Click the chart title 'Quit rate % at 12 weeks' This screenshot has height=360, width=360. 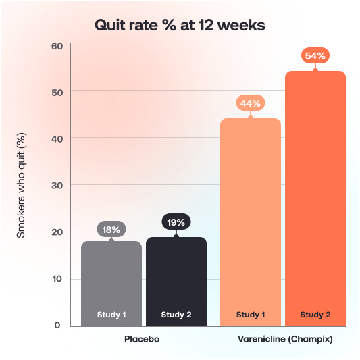coord(180,25)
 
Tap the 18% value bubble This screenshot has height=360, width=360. coord(111,230)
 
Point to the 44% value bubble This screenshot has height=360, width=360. coord(251,103)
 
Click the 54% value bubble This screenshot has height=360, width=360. coord(315,56)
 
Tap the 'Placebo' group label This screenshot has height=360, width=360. coord(143,339)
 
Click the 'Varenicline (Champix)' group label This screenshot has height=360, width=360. coord(284,339)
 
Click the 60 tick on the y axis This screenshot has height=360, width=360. coord(57,46)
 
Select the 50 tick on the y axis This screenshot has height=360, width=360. coord(57,91)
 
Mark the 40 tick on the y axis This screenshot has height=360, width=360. coord(57,138)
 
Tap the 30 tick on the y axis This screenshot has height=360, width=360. coord(57,185)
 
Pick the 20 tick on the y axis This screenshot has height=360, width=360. coord(57,232)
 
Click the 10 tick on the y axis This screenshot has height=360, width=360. coord(57,278)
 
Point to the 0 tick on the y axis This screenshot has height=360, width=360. coord(58,325)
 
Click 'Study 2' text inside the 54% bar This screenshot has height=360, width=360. coord(315,315)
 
